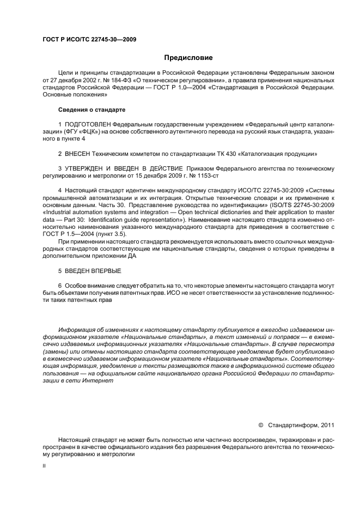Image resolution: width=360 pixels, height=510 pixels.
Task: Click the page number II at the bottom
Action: click(x=44, y=466)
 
